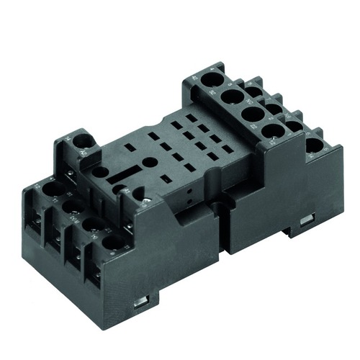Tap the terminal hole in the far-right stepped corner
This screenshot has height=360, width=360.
315,145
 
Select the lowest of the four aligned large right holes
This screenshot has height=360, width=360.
272,131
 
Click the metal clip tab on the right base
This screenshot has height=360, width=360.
307,217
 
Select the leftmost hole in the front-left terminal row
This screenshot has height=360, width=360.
53,189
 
